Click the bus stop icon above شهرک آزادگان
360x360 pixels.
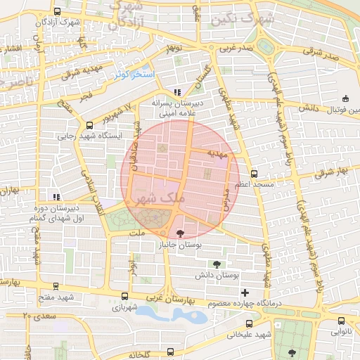point(56,13)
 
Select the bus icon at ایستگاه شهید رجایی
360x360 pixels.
point(88,125)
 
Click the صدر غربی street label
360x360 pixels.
point(233,49)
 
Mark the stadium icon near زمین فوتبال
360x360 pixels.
point(345,99)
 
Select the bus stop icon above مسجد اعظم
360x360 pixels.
point(254,173)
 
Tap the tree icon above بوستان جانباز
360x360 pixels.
point(181,233)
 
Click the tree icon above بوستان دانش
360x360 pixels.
point(215,264)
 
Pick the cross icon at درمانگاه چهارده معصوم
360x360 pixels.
point(245,292)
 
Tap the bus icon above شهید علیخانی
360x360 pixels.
point(250,323)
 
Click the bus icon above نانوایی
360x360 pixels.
point(333,318)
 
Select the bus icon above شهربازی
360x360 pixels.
point(125,296)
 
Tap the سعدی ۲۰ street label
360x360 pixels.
point(39,316)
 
